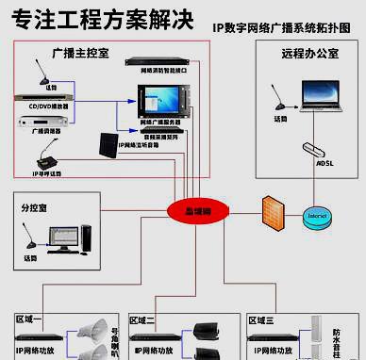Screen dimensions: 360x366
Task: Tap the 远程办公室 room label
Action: (x=310, y=55)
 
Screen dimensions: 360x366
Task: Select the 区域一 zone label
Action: (x=30, y=320)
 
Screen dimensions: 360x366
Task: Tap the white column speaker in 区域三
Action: (x=313, y=339)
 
